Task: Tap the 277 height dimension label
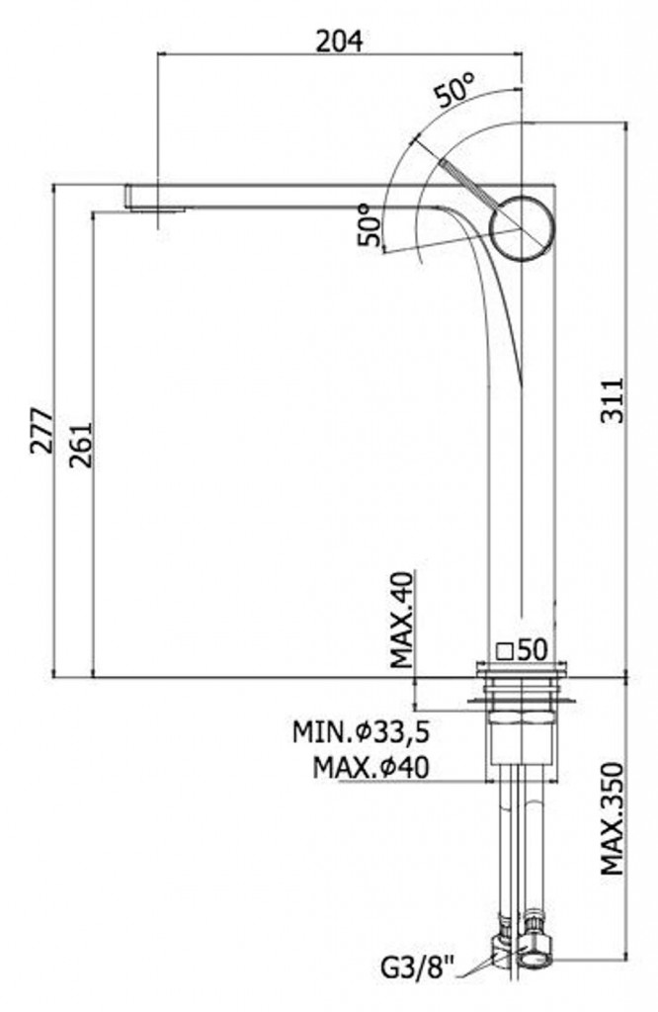tap(41, 431)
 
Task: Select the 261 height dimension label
tap(82, 445)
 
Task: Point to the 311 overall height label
tap(613, 400)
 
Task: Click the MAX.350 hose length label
tap(613, 819)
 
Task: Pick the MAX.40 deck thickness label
tap(402, 620)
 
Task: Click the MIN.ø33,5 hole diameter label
tap(362, 732)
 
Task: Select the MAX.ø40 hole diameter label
tap(370, 767)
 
